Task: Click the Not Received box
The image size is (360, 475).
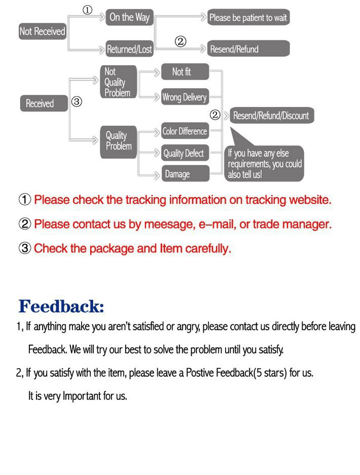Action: point(43,31)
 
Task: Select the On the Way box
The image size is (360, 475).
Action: point(129,17)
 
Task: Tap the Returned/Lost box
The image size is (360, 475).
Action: point(129,49)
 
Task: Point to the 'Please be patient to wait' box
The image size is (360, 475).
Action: point(248,18)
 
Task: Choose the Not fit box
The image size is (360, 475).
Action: point(185,72)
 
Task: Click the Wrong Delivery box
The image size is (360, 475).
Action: point(185,97)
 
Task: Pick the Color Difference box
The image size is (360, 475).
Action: point(185,131)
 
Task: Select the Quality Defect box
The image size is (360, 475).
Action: point(185,154)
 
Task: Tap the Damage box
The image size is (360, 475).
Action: point(185,174)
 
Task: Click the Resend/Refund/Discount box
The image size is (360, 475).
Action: point(271,116)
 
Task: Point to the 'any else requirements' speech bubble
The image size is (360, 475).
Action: point(265,163)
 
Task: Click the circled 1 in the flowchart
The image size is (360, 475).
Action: point(87,10)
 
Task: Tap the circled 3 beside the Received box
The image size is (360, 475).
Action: point(77,102)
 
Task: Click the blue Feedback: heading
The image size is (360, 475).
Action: point(61,307)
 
